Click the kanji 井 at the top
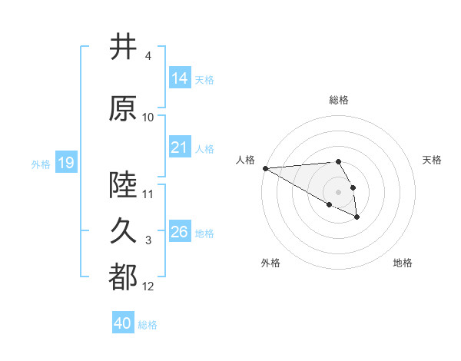coord(123,48)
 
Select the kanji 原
coord(123,110)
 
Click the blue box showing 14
coord(180,78)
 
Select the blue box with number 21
coord(180,147)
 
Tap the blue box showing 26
coord(180,232)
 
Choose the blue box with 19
coord(65,163)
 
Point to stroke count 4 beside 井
coord(148,56)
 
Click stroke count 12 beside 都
coord(148,286)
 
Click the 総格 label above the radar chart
coord(339,100)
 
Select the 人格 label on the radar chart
coord(246,160)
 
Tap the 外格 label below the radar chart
coord(270,263)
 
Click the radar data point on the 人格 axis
coord(265,168)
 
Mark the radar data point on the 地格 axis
coord(357,217)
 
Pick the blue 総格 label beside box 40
coord(148,324)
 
